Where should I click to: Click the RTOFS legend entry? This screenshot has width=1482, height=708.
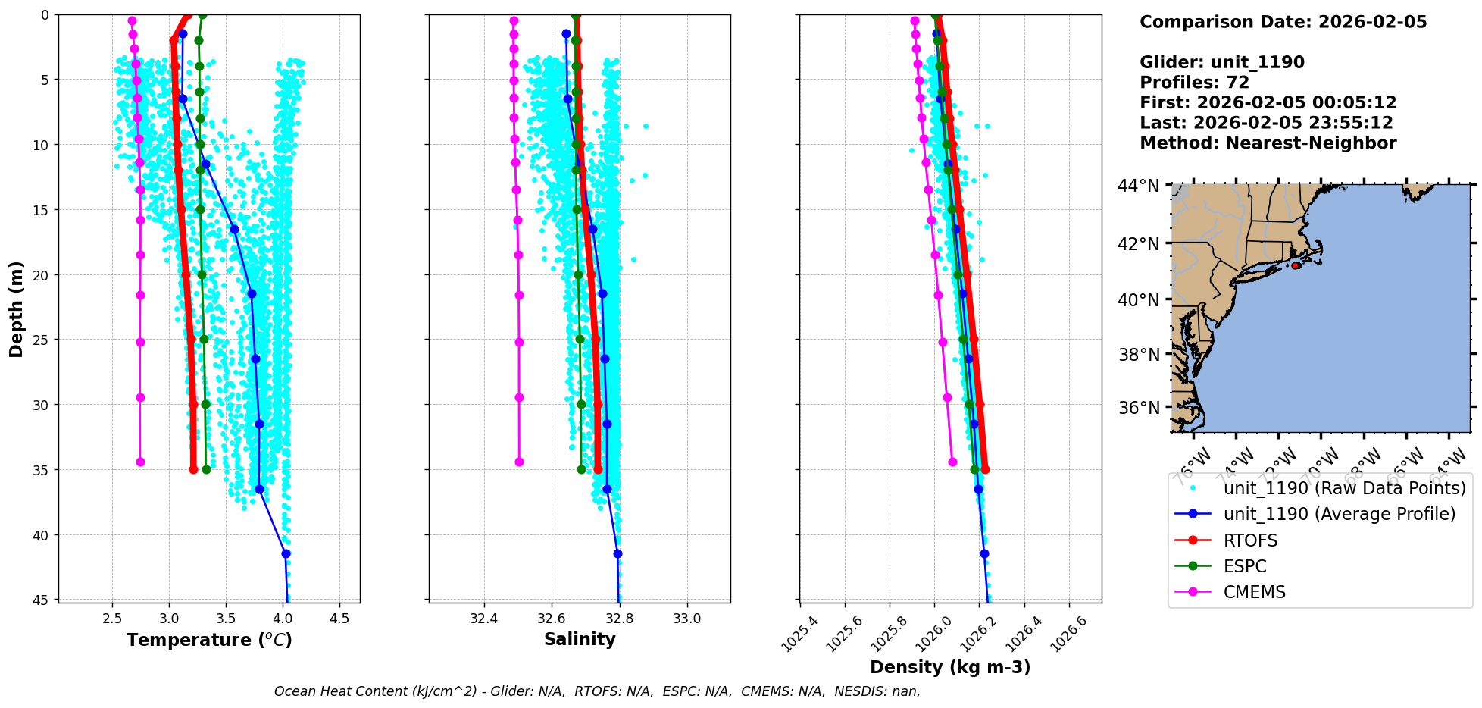tap(1250, 540)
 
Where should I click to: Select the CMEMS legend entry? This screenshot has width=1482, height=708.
tap(1254, 592)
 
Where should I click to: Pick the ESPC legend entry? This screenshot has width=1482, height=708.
tap(1244, 566)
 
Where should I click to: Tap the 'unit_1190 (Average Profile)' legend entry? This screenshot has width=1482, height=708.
tap(1339, 514)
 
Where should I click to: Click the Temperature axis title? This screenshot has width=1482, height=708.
tap(209, 640)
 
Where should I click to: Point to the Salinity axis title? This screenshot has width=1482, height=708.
tap(580, 639)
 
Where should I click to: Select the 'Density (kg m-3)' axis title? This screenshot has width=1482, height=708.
tap(950, 667)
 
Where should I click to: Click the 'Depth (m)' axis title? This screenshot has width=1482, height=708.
tap(17, 309)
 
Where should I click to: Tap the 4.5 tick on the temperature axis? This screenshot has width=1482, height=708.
tap(339, 619)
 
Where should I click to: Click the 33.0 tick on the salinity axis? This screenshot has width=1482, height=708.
tap(687, 619)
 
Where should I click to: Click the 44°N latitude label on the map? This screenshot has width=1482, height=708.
tap(1139, 186)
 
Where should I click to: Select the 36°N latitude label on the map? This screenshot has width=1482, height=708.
tap(1139, 408)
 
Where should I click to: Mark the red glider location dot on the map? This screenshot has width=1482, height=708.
tap(1296, 266)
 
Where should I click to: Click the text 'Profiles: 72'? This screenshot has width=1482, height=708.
tap(1194, 83)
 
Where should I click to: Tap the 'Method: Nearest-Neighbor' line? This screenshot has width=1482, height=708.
tap(1268, 143)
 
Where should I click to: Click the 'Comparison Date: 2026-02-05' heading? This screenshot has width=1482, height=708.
tap(1283, 22)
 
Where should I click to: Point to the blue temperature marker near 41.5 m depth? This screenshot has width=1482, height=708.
tap(286, 553)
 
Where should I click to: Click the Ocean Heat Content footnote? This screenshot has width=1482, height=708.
tap(597, 691)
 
